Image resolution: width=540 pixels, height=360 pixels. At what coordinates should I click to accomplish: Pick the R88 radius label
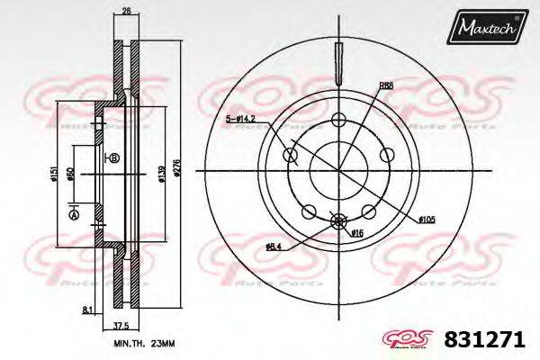[386, 85]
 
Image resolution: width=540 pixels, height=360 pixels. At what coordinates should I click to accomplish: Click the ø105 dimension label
[427, 219]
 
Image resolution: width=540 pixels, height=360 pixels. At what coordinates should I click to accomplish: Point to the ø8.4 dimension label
[274, 246]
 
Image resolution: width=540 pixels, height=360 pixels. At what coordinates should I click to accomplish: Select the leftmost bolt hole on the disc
[291, 156]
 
